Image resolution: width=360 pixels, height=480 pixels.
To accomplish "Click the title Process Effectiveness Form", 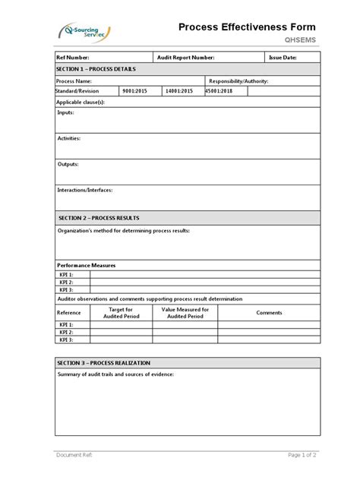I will tap(247, 27).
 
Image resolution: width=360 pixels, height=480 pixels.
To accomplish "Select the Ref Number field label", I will tap(74, 58).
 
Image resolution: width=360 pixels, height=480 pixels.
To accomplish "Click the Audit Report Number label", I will tap(185, 58).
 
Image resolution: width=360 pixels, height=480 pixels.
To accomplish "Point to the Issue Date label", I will tap(283, 58).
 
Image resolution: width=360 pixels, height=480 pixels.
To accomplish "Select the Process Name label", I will tap(75, 81).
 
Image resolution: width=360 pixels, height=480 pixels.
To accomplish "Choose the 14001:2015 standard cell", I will tap(178, 91).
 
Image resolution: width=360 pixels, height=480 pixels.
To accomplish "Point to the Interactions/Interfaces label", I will tap(85, 190).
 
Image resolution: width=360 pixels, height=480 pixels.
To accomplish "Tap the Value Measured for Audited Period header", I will tap(185, 313).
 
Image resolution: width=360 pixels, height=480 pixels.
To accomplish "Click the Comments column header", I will tap(269, 313).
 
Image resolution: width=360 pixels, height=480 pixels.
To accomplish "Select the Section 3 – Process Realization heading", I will tap(103, 363).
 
